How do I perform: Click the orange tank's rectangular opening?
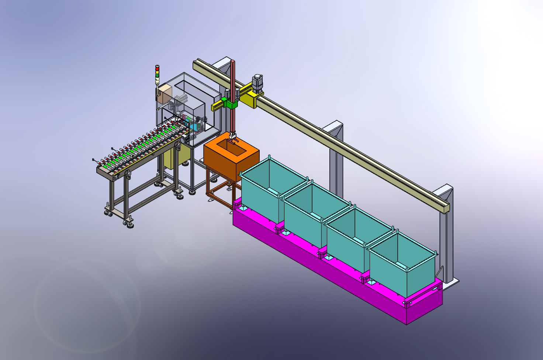click(x=231, y=147)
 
